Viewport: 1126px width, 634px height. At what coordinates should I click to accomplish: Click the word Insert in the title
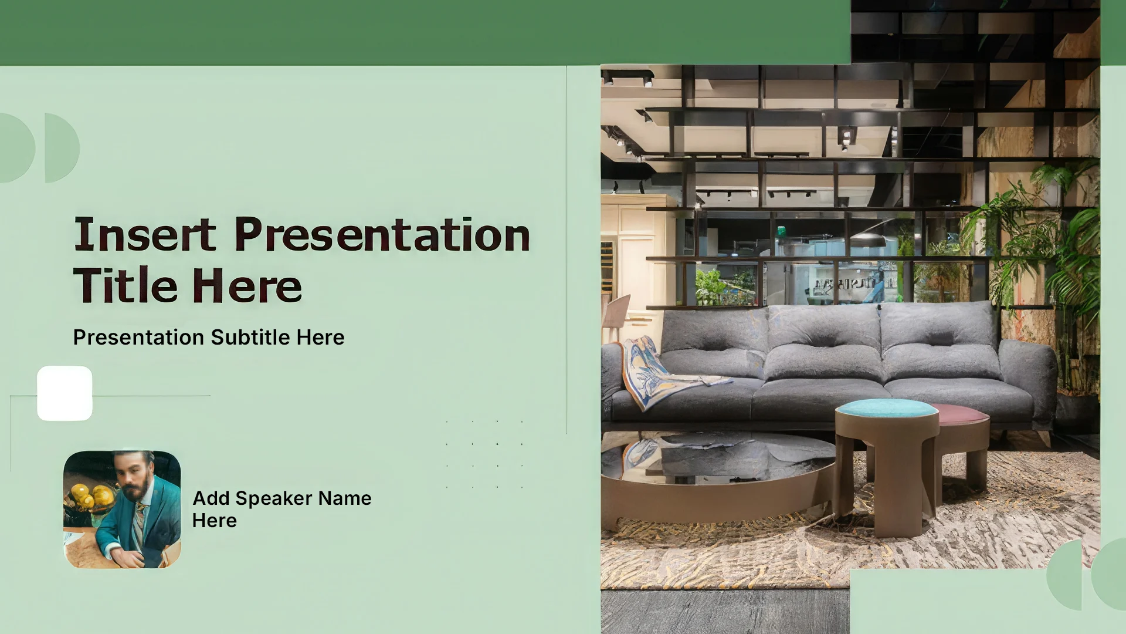(x=145, y=234)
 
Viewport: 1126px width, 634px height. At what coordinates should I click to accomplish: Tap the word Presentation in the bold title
(x=382, y=234)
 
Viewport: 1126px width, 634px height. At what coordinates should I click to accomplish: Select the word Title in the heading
(x=125, y=285)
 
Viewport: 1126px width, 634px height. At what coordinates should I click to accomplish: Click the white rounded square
(x=65, y=393)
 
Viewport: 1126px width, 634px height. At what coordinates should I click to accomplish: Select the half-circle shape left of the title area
(x=62, y=148)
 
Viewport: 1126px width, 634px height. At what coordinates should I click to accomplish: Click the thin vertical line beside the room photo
(x=567, y=249)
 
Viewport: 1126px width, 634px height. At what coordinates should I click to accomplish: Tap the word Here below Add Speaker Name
(x=215, y=521)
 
